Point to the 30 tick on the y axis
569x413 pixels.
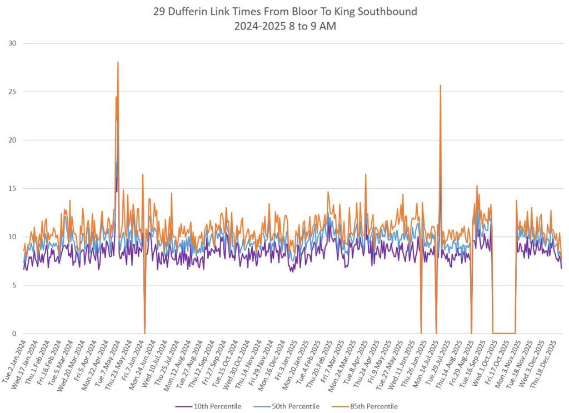pos(12,43)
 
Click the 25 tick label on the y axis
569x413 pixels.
pos(12,92)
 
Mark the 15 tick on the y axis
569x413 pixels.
pos(12,189)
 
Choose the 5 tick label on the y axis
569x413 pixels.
pos(14,285)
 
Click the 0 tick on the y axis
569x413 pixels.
pos(14,334)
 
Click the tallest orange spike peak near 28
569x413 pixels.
pos(118,62)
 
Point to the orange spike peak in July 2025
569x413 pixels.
pos(440,85)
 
